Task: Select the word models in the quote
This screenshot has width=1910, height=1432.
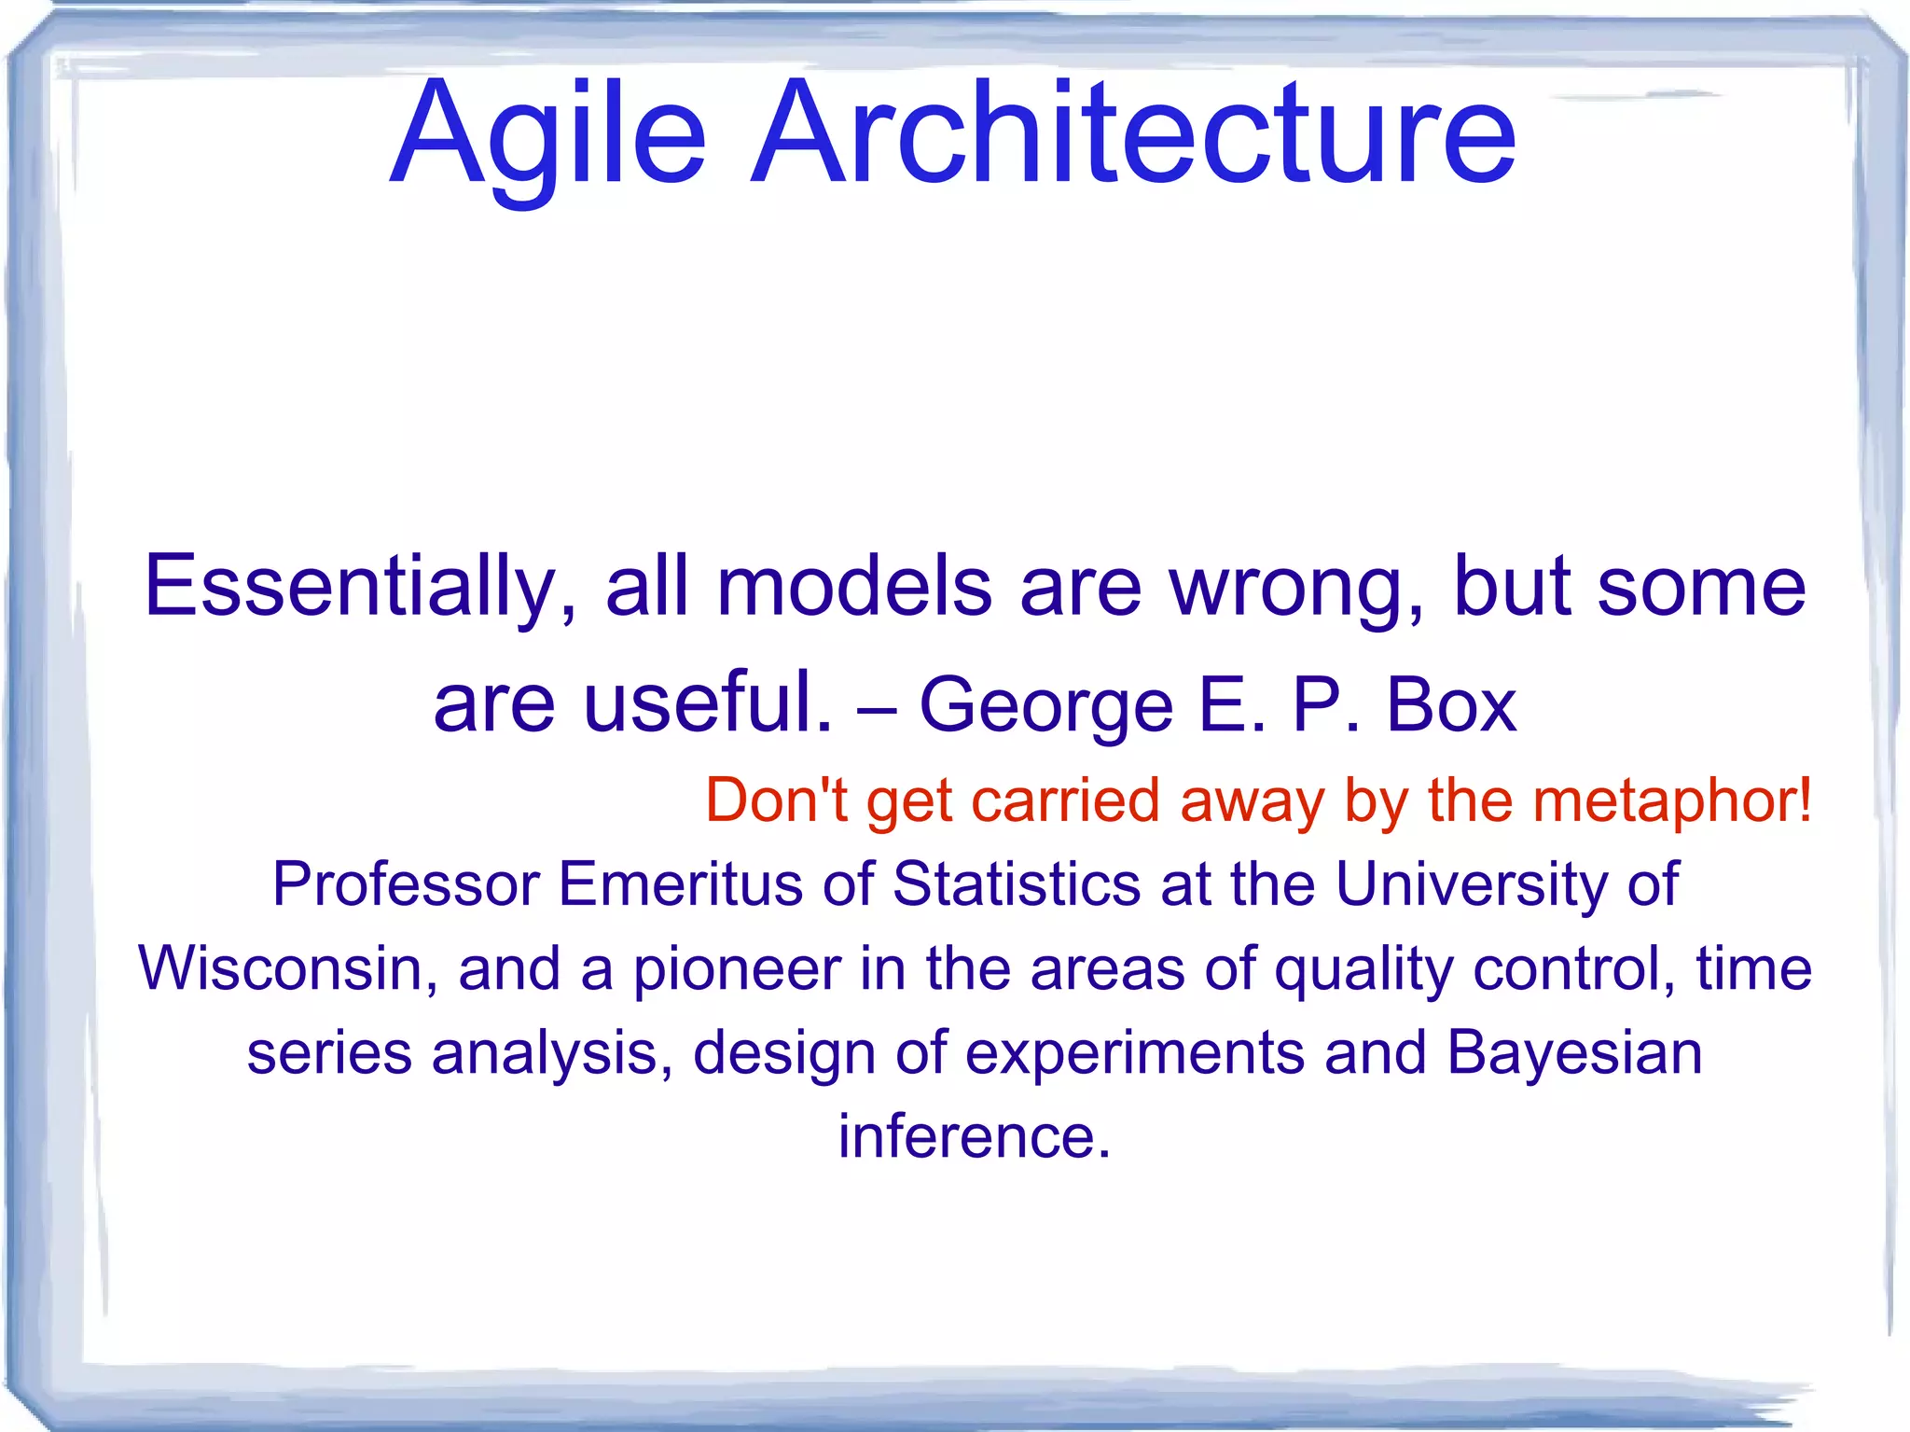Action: click(853, 587)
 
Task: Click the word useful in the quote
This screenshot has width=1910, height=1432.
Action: click(707, 703)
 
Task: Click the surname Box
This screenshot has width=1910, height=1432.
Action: click(1451, 703)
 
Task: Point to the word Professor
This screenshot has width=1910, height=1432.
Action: click(406, 883)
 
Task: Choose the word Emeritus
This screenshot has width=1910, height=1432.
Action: click(680, 883)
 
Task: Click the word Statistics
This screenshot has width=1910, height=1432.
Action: click(1017, 883)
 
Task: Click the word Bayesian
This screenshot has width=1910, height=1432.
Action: click(1574, 1052)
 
